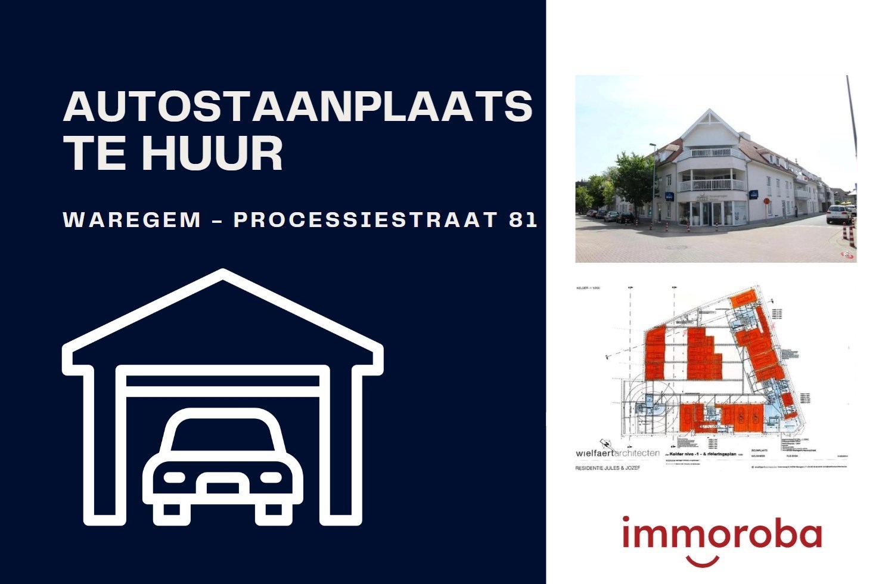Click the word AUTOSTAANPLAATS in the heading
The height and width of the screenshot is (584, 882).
[x=297, y=107]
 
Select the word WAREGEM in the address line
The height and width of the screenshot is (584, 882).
[x=132, y=220]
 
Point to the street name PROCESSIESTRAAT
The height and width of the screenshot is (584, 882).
[x=365, y=220]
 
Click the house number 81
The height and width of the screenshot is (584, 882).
[x=523, y=220]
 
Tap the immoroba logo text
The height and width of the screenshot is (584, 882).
[x=722, y=534]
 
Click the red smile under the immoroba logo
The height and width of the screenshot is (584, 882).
[x=703, y=561]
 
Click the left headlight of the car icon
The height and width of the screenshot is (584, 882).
[x=174, y=478]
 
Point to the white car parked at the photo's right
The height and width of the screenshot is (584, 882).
[x=838, y=214]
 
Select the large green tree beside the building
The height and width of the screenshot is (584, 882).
[x=632, y=179]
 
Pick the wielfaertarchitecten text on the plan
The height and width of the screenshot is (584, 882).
[x=617, y=453]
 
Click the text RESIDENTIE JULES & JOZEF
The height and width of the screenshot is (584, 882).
[x=607, y=468]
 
